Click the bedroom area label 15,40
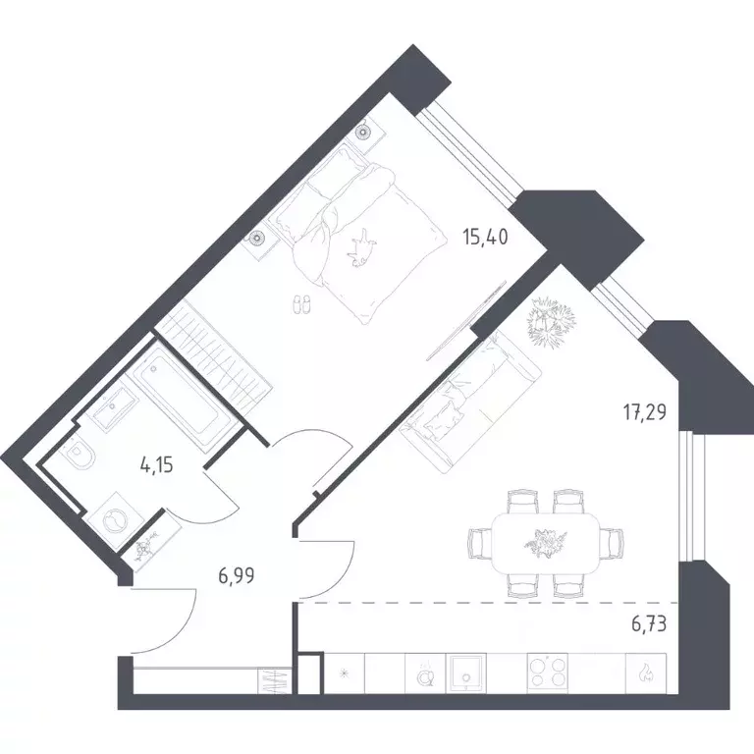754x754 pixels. [x=485, y=238]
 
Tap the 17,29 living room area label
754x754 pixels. [x=645, y=412]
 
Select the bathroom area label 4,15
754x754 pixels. [x=157, y=465]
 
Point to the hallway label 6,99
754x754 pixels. [x=236, y=575]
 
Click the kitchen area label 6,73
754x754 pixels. [x=649, y=624]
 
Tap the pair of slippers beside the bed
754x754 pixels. [x=301, y=304]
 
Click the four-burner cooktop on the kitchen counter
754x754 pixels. [x=547, y=673]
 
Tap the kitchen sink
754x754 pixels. [x=465, y=673]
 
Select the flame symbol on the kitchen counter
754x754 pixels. [x=645, y=673]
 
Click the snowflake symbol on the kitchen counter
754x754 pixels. [x=345, y=673]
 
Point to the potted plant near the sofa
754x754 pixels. [x=551, y=322]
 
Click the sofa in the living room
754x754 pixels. [x=471, y=403]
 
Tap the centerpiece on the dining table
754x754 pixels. [x=545, y=542]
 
